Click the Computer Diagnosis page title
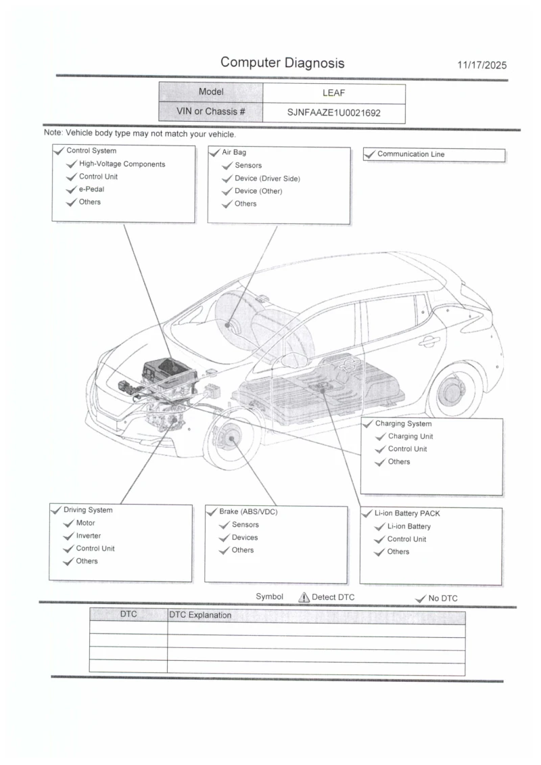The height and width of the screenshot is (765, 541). coord(282,63)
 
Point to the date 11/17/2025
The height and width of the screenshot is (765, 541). coord(481,66)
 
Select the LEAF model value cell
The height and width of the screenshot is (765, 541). coord(333,93)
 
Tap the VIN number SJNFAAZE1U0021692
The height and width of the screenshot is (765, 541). coord(333,113)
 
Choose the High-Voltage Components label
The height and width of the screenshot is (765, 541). coord(122,164)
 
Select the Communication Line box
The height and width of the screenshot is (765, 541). coord(434,155)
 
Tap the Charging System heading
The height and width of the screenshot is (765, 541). coord(403,424)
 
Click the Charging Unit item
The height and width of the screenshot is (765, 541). coord(410,436)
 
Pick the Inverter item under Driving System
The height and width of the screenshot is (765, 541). coord(89,536)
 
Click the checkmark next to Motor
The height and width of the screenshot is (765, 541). coord(68,524)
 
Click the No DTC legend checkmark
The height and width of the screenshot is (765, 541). coord(420,598)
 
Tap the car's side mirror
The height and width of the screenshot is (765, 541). coord(293,359)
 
